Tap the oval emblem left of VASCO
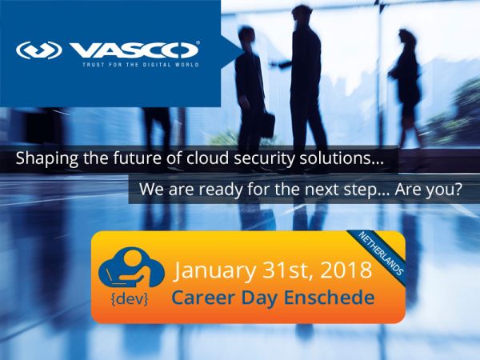pos(39,50)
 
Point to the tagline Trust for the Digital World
pos(141,65)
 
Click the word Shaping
pos(47,159)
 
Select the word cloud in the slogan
pos(207,158)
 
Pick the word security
pos(264,159)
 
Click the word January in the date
pos(214,271)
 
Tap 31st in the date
pos(288,270)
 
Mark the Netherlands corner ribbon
pos(380,253)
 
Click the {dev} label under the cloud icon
pos(130,299)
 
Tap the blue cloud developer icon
pos(131,267)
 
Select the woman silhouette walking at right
pos(406,89)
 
